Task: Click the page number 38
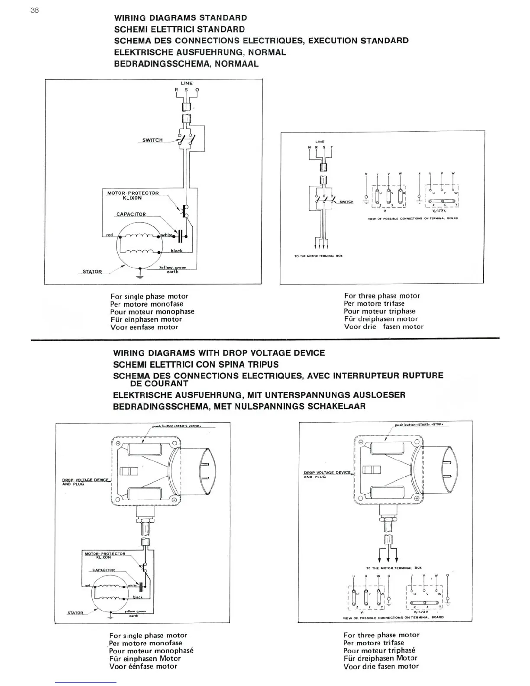pyautogui.click(x=35, y=10)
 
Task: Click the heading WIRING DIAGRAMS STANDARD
pyautogui.click(x=181, y=18)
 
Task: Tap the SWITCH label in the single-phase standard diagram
pyautogui.click(x=152, y=140)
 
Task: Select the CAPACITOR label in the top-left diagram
pyautogui.click(x=131, y=214)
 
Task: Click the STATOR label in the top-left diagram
pyautogui.click(x=92, y=272)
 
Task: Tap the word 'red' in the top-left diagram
pyautogui.click(x=110, y=235)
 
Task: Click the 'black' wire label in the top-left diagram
pyautogui.click(x=177, y=251)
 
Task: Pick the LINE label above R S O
pyautogui.click(x=187, y=83)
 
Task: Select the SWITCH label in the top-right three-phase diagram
pyautogui.click(x=346, y=202)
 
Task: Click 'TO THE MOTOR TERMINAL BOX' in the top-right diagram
pyautogui.click(x=318, y=256)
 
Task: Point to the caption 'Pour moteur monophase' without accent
pyautogui.click(x=152, y=311)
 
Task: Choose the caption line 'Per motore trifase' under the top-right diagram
pyautogui.click(x=375, y=304)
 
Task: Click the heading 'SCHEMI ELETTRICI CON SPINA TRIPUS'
pyautogui.click(x=196, y=364)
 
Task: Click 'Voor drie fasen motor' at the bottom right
pyautogui.click(x=381, y=667)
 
